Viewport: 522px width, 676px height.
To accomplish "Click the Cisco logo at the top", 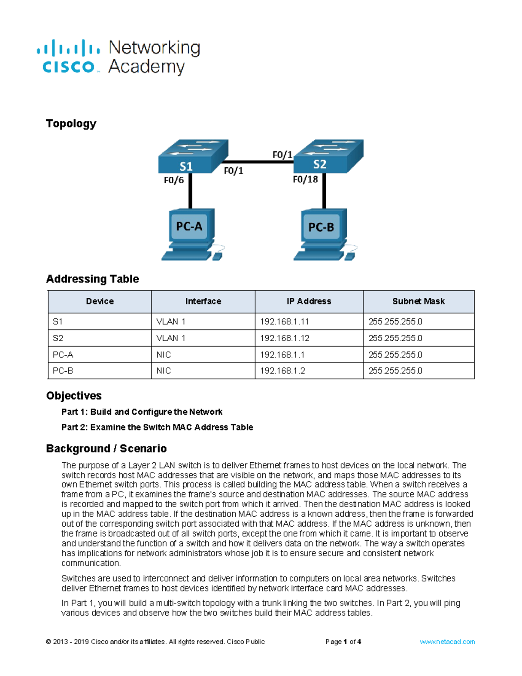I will click(x=68, y=57).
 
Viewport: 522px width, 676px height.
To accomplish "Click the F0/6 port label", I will click(x=174, y=180).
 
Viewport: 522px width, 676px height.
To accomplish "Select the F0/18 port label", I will click(x=305, y=179).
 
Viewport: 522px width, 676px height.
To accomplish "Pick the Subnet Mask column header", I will click(x=418, y=301).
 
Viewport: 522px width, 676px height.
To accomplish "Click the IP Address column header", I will click(x=308, y=301).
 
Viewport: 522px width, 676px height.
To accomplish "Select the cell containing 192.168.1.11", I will click(x=284, y=322).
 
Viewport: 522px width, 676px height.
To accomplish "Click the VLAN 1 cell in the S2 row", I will click(x=171, y=338).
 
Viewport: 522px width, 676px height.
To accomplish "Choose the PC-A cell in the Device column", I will click(x=63, y=355).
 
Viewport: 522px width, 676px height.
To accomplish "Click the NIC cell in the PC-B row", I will click(x=164, y=371).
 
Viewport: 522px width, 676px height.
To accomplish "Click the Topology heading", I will click(x=71, y=124).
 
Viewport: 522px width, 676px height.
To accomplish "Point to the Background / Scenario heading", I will click(x=106, y=448).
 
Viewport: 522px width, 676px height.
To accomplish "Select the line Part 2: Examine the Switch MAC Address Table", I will click(x=157, y=427).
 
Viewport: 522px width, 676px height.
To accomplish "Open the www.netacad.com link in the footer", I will click(x=447, y=642).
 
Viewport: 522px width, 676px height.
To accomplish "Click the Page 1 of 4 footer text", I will click(x=343, y=642).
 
